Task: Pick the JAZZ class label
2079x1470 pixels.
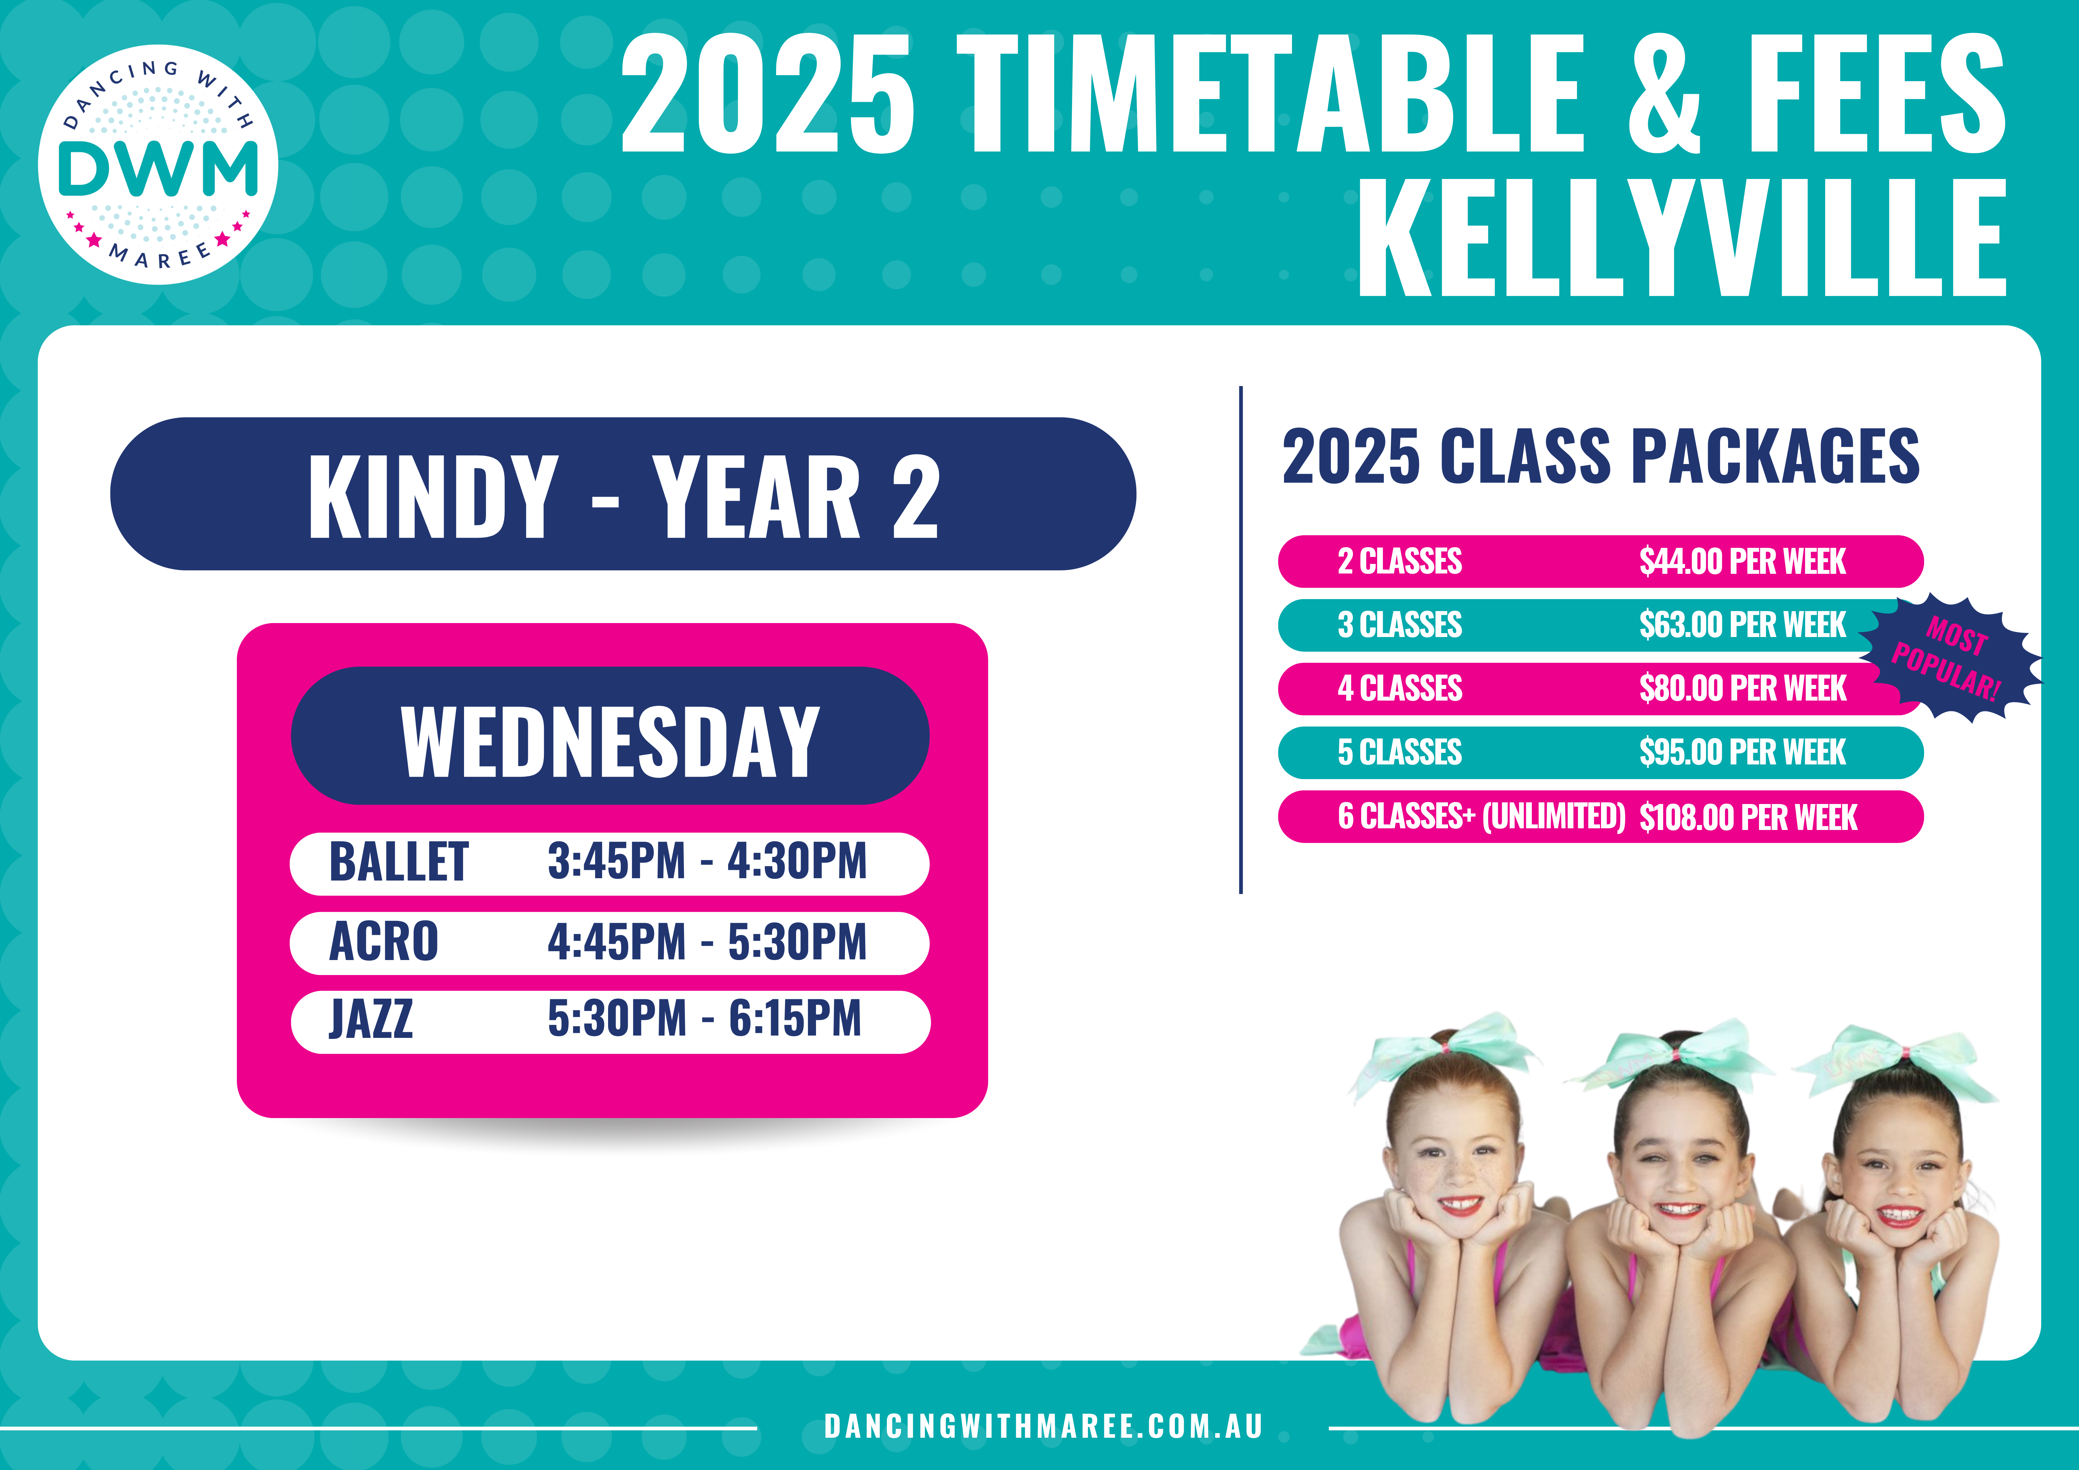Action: (x=371, y=1019)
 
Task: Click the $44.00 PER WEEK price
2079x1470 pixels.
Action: (x=1742, y=562)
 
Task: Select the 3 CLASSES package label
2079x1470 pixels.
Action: (x=1400, y=625)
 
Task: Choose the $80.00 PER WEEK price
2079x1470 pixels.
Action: (x=1742, y=688)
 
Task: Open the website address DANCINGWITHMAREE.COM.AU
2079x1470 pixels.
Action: (x=1043, y=1426)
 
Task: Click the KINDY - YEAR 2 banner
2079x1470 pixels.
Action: (x=623, y=494)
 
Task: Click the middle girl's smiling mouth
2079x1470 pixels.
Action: (x=1680, y=1209)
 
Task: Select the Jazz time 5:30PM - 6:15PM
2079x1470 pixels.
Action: (x=705, y=1019)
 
